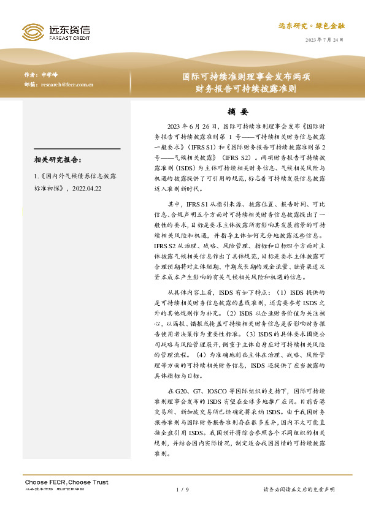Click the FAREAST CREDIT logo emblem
tap(33, 32)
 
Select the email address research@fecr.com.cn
tap(67, 85)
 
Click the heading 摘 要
tap(237, 112)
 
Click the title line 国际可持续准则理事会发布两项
tap(245, 77)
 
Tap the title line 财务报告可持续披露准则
tap(245, 88)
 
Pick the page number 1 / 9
tap(182, 489)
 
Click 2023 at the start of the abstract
tap(175, 126)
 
